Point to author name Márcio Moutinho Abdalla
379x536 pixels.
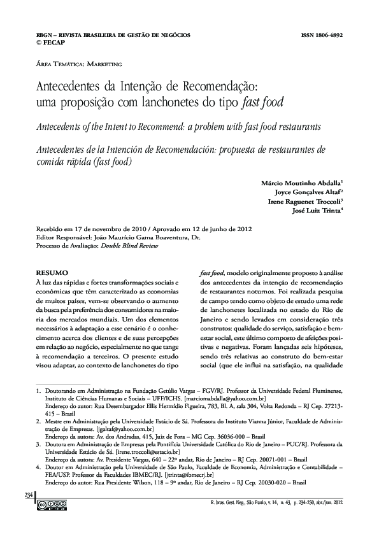tap(301, 182)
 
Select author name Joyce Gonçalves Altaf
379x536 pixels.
tap(308, 191)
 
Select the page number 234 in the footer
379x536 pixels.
tap(28, 495)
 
